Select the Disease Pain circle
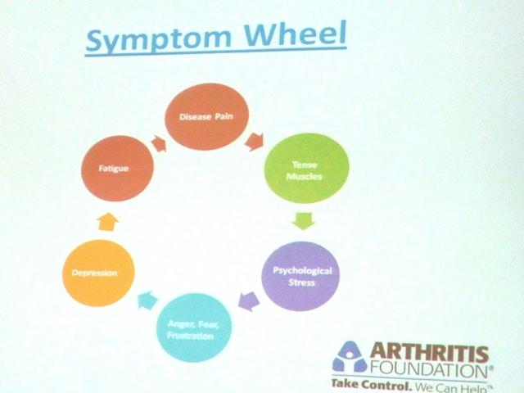207,116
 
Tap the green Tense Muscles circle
306,168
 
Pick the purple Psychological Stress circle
300,276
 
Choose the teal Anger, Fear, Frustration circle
194,327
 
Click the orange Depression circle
98,273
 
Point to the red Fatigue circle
117,169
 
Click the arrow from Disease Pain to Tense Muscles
255,142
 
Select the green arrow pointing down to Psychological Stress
304,221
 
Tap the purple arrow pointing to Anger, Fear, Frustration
249,300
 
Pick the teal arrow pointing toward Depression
147,300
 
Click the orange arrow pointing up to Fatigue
108,222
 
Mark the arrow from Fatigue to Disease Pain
159,144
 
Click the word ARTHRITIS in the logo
429,352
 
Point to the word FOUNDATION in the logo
428,370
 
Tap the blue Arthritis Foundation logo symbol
350,357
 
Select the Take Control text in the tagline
371,385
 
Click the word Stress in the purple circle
301,282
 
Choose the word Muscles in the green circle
304,177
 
